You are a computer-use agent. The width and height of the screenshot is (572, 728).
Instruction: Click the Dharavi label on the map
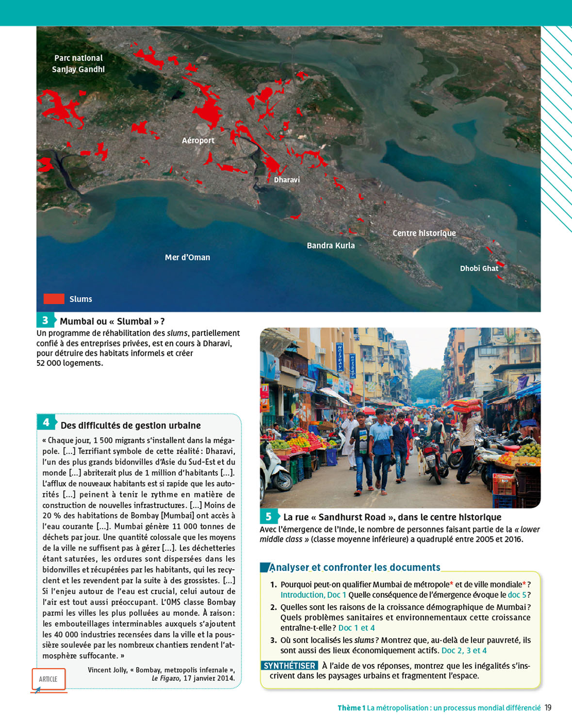287,180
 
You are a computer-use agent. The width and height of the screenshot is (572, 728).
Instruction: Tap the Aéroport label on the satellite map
198,140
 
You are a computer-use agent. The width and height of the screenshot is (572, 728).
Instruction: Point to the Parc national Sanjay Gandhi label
78,64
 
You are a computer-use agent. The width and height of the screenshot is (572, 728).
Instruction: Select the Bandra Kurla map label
330,246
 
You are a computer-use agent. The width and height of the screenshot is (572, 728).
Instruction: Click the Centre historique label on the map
424,233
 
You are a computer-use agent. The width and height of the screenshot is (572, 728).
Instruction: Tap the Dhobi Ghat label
479,268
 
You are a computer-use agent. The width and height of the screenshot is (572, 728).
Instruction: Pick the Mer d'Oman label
187,257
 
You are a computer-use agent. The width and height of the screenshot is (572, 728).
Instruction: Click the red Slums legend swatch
54,299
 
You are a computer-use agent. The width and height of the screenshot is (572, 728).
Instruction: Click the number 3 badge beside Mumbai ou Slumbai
45,320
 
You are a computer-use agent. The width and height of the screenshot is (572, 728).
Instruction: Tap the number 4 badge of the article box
46,422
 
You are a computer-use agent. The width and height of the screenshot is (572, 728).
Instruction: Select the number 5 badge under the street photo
268,517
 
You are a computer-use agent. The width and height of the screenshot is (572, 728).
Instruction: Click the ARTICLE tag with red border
48,679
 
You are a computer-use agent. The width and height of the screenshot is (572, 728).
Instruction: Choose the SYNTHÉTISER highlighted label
290,666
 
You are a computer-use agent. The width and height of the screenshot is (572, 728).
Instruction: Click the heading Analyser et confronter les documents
355,567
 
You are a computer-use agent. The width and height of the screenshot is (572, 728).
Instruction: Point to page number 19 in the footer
548,708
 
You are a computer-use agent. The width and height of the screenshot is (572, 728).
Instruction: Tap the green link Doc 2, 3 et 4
464,650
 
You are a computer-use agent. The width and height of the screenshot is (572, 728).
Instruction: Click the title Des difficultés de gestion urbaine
131,426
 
